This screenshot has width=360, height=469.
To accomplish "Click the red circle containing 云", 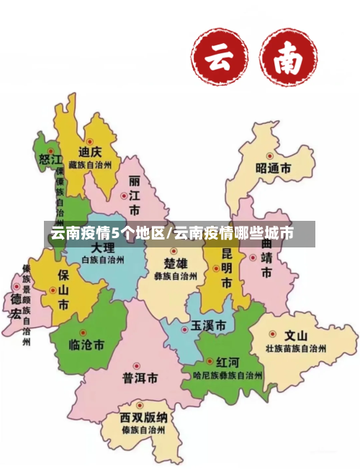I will click(220, 57).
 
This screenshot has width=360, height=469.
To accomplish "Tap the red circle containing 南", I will click(288, 57).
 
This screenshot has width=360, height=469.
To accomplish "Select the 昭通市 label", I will click(274, 168).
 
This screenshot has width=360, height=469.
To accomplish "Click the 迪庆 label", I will click(91, 152).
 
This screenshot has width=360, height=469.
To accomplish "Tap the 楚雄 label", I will click(175, 262).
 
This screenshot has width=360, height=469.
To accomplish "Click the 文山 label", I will click(295, 335).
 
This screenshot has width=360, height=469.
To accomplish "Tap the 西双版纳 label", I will click(144, 416).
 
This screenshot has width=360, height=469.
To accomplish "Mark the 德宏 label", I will click(15, 306).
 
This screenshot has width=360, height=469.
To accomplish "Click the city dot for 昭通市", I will click(270, 155).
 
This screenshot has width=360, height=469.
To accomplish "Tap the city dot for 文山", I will click(273, 334).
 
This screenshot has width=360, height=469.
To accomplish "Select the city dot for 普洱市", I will click(136, 365).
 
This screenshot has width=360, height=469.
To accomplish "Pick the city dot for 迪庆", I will click(90, 141).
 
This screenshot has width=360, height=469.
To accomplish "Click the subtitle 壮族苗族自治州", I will click(295, 348).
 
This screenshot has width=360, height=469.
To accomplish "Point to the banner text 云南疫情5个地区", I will click(107, 233).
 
